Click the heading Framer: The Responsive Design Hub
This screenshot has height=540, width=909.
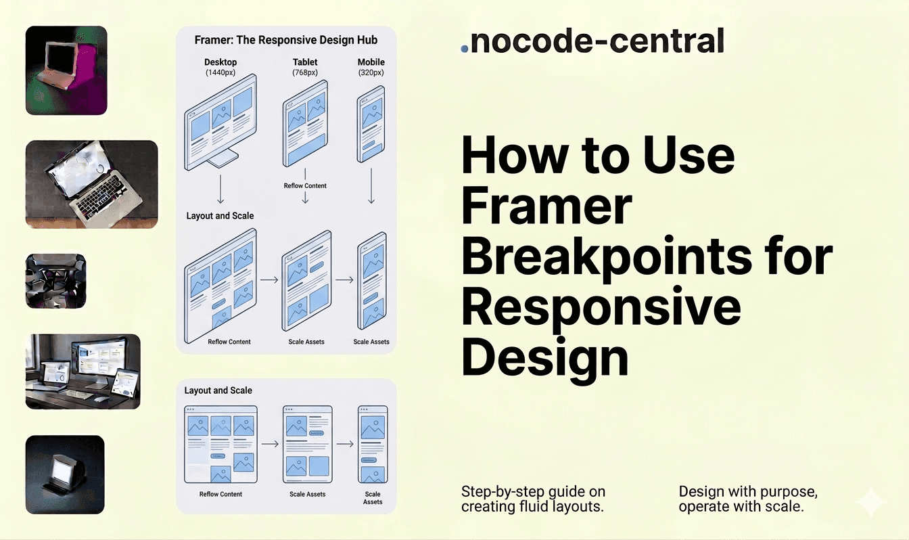[285, 40]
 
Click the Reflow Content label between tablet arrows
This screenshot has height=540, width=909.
[305, 185]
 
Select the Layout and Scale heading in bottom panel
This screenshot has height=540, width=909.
[218, 390]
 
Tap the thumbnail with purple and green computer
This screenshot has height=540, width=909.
[66, 70]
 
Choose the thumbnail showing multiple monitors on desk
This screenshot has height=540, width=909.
[83, 371]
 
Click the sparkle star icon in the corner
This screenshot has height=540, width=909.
[870, 503]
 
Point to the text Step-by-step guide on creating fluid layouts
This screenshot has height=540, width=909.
[533, 499]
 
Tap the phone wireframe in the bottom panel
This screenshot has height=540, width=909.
[373, 443]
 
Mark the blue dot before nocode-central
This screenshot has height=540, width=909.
[464, 49]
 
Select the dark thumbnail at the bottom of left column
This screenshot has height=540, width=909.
[65, 474]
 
